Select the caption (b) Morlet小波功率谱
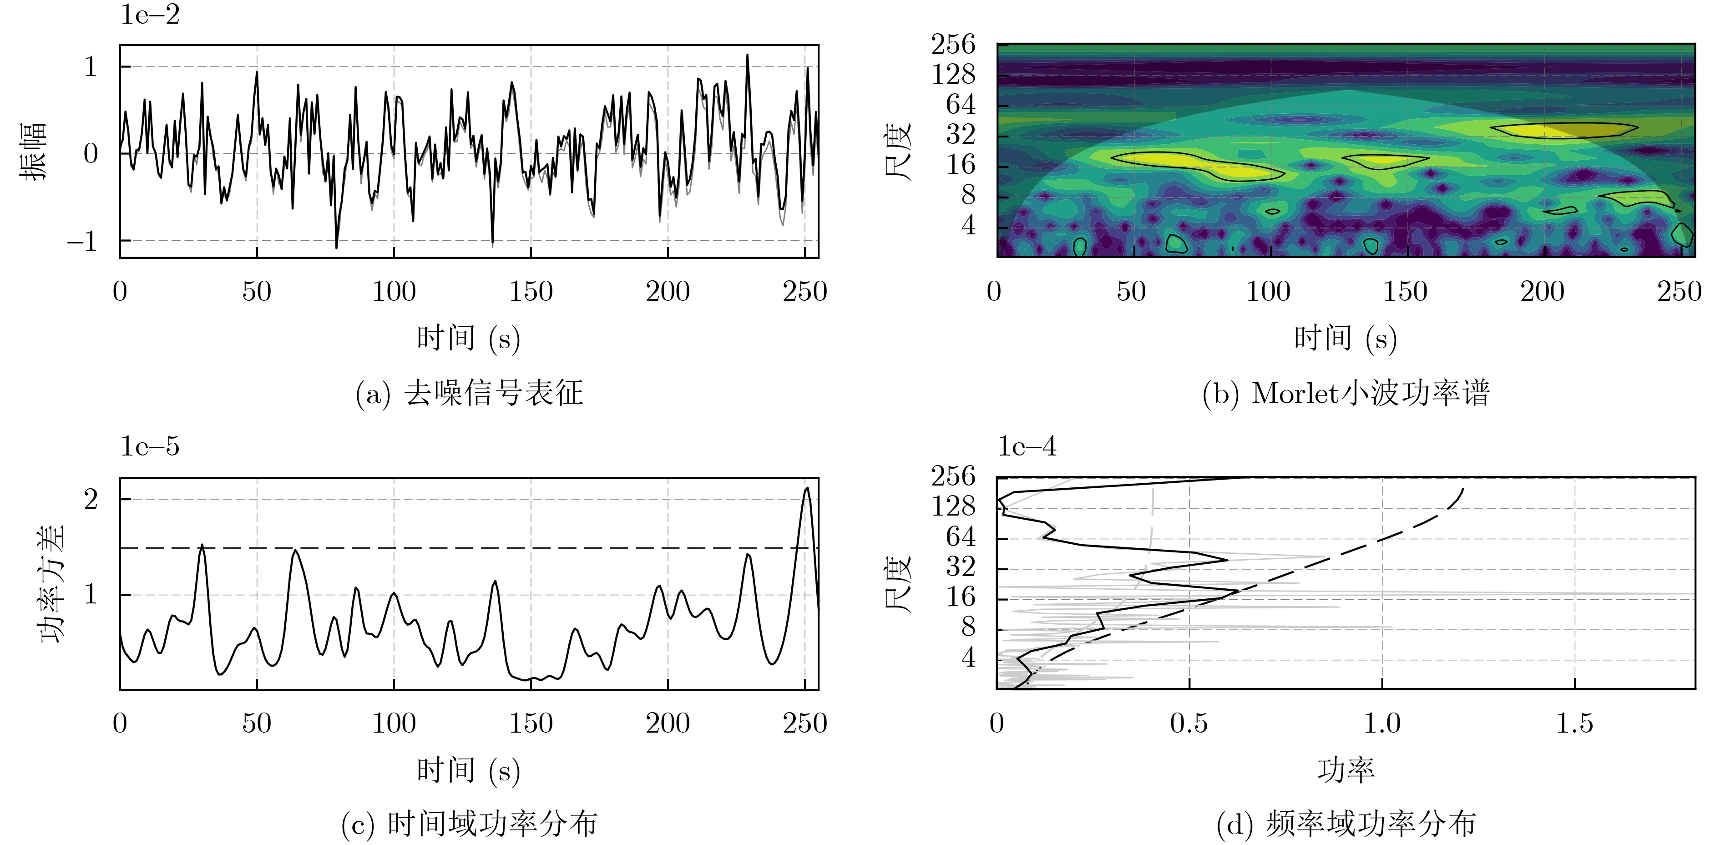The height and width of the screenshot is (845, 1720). [1346, 393]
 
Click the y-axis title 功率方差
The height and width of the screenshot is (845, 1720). [53, 583]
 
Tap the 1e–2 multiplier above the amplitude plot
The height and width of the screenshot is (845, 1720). [150, 15]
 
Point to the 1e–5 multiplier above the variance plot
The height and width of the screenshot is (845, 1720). [150, 446]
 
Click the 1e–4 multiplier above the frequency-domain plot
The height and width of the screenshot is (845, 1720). [1027, 446]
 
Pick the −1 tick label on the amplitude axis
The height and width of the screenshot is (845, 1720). [83, 241]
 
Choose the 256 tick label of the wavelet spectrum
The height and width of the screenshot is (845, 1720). [953, 45]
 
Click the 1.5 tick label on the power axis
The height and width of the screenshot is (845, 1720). [1574, 724]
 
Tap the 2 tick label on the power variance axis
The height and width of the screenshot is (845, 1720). [91, 499]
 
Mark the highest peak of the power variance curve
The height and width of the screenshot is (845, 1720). [807, 489]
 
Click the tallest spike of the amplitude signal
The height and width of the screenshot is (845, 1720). [747, 56]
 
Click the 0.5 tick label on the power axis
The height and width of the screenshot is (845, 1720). [1189, 724]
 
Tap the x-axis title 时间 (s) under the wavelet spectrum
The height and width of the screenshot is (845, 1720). [1346, 339]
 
